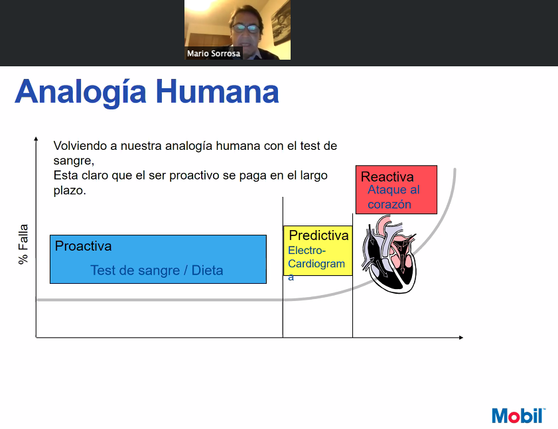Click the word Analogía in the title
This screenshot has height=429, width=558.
click(81, 92)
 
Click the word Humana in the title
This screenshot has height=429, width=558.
click(218, 92)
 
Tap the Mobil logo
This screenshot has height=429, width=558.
click(518, 416)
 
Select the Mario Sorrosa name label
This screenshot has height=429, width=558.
click(214, 53)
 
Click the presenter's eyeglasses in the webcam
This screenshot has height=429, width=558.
click(246, 28)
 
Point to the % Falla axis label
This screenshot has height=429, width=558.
click(23, 244)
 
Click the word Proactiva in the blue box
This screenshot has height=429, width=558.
click(84, 246)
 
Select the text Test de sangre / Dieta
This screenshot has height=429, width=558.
click(157, 271)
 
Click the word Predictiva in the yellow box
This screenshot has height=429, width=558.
click(318, 235)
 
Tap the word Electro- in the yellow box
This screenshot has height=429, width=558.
click(307, 251)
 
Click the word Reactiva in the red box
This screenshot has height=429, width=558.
click(387, 177)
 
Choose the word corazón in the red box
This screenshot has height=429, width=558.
click(389, 204)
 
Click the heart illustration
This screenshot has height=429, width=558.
click(389, 254)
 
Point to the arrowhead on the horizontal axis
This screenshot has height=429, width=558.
click(461, 337)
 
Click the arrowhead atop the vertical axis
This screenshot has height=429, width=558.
click(36, 139)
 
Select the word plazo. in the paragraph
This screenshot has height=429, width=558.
click(70, 191)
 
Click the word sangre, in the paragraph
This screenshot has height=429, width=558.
click(74, 160)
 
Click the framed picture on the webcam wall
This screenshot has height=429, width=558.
click(281, 23)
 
